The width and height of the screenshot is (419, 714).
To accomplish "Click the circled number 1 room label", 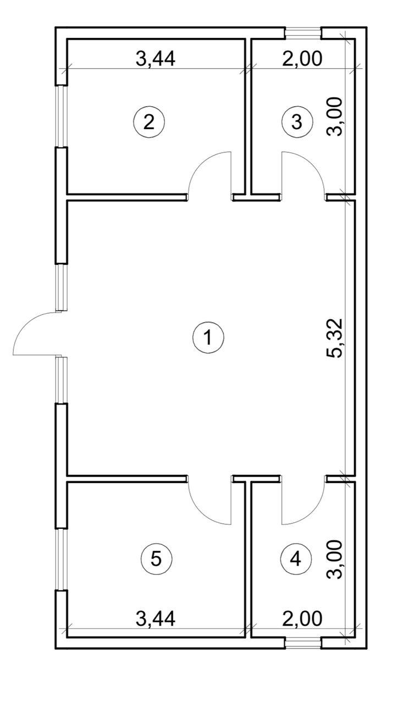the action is pos(208,337).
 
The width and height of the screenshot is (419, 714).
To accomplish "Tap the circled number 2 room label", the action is pos(149,122).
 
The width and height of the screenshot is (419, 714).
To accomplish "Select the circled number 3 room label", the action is pos(297,122).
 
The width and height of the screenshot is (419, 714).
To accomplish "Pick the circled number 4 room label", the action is pos(296,559).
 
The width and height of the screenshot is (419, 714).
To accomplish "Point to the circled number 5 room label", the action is pos(156,559).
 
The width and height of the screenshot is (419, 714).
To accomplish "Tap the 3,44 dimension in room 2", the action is pos(155,59).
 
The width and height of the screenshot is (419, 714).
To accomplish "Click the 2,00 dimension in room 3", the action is pos(302,59).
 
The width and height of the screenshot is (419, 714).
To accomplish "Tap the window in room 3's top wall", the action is pos(302,33).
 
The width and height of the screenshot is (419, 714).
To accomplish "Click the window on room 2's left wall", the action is pos(62,117).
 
